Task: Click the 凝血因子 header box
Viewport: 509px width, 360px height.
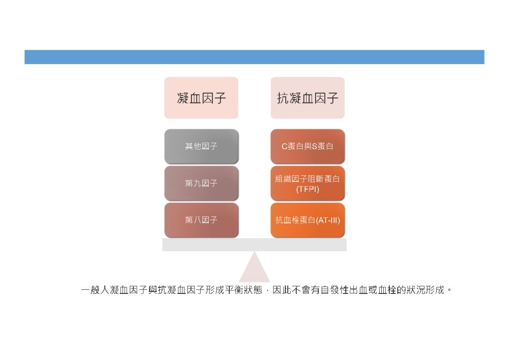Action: coord(201,98)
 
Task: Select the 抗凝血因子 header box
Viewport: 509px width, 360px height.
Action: coord(307,98)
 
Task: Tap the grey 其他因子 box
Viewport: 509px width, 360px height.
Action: coord(201,146)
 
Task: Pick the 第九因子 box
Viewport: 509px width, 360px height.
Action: coord(201,183)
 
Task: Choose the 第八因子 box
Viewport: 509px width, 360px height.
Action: coord(201,220)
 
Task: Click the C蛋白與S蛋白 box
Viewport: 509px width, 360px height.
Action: coord(307,146)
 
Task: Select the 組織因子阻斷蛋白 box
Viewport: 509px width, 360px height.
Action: coord(307,183)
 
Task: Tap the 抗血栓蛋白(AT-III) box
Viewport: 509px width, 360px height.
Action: coord(307,220)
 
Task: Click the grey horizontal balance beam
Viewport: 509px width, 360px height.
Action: coord(254,245)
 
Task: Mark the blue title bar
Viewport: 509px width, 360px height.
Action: coord(254,57)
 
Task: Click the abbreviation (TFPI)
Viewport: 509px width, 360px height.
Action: coord(307,189)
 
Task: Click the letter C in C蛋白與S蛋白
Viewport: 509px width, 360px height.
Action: coord(284,146)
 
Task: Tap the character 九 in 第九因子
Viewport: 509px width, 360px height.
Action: coord(197,183)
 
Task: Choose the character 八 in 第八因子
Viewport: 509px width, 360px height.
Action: coord(197,220)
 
